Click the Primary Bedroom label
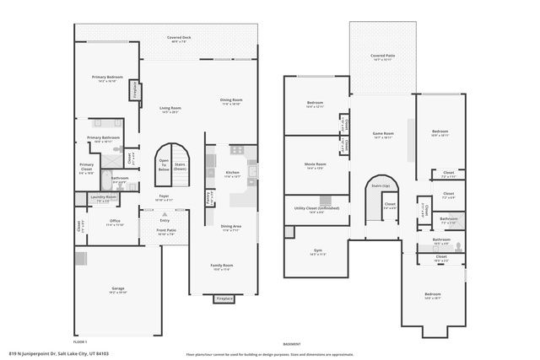[x=105, y=77]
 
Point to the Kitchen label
[x=233, y=173]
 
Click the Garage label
[x=118, y=288]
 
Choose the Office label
[x=115, y=223]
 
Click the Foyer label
[x=163, y=196]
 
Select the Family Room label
[x=222, y=266]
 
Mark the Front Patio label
[x=166, y=232]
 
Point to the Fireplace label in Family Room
[x=224, y=298]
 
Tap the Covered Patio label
[x=382, y=57]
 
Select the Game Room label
[x=384, y=134]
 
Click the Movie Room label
[x=316, y=165]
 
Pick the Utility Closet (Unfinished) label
[x=316, y=211]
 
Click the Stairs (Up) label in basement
[x=381, y=185]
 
